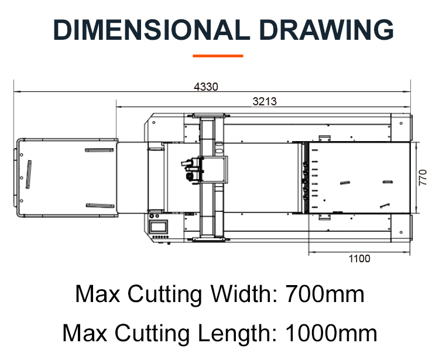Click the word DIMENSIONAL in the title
(x=152, y=30)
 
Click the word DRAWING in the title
(x=327, y=30)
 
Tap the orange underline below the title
(x=218, y=56)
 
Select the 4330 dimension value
(x=206, y=87)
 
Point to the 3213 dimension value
(x=265, y=101)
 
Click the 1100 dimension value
(x=359, y=258)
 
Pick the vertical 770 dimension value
(x=423, y=177)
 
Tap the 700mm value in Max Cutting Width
(x=325, y=294)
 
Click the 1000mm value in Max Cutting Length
(x=331, y=333)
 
